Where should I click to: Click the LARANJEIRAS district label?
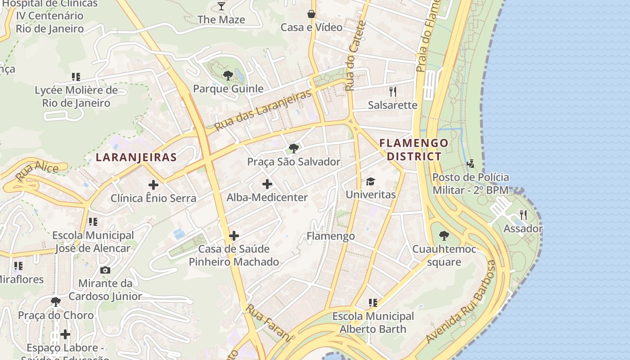(136, 157)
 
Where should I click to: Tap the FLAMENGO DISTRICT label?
(414, 150)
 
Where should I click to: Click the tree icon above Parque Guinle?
(228, 75)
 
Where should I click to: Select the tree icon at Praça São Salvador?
(294, 148)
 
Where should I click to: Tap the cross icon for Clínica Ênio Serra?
(153, 184)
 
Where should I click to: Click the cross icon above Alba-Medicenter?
(267, 184)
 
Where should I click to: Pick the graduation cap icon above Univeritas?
(370, 181)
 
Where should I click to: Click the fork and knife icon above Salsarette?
(393, 92)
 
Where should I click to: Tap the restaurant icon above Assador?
(523, 215)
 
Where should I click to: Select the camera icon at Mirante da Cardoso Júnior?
(105, 270)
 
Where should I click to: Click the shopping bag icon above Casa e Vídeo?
(311, 14)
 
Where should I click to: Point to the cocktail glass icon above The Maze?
(221, 6)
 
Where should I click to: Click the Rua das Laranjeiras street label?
(263, 110)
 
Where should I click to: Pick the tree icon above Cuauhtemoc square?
(444, 235)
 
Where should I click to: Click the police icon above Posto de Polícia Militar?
(471, 163)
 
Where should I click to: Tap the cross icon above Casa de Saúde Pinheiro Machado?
(234, 235)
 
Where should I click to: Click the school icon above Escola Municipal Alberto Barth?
(373, 302)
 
